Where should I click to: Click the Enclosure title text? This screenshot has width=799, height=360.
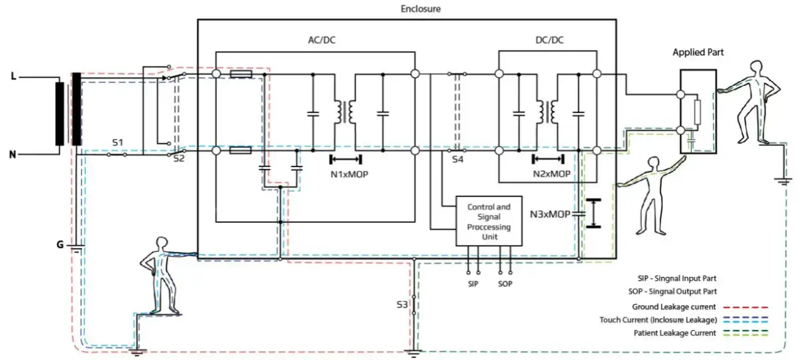[x=421, y=9]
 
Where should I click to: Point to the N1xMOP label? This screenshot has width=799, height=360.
[x=349, y=174]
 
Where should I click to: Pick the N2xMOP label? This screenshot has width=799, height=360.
[x=551, y=174]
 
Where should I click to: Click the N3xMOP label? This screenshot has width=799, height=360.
[x=550, y=215]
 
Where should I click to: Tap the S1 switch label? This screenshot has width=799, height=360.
[x=118, y=142]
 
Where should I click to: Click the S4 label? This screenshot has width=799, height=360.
[x=457, y=160]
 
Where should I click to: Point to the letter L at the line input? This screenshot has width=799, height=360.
[x=13, y=77]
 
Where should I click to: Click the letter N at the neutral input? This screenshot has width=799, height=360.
[x=13, y=154]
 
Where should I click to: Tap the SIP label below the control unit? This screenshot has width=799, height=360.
[x=473, y=284]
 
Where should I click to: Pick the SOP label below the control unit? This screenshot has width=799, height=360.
[x=505, y=284]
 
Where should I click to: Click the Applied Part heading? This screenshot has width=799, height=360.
[x=698, y=52]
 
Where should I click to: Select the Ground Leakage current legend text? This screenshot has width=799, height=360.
[x=674, y=307]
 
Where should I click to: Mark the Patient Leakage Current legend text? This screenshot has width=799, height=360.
[x=674, y=333]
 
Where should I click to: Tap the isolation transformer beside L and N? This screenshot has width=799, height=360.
[x=68, y=113]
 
